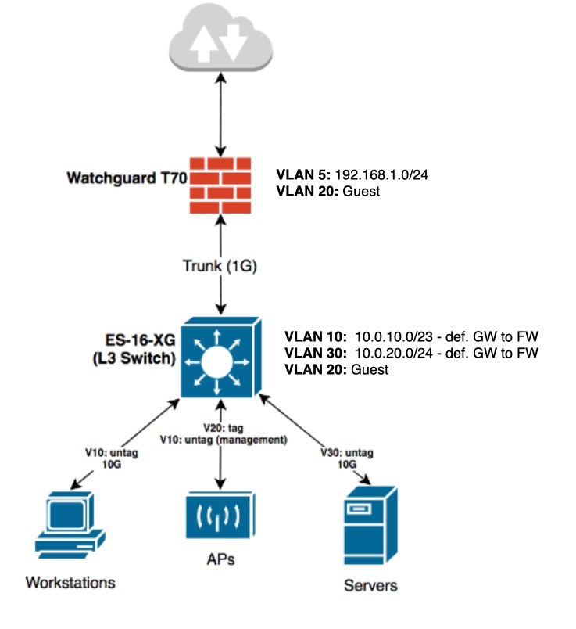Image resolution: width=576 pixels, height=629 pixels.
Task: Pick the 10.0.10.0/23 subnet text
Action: point(395,336)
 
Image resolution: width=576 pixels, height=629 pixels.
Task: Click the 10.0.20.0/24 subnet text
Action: point(395,353)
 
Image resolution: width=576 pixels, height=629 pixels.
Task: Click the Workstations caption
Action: point(70,582)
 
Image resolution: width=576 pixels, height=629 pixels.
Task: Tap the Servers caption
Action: point(370,585)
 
